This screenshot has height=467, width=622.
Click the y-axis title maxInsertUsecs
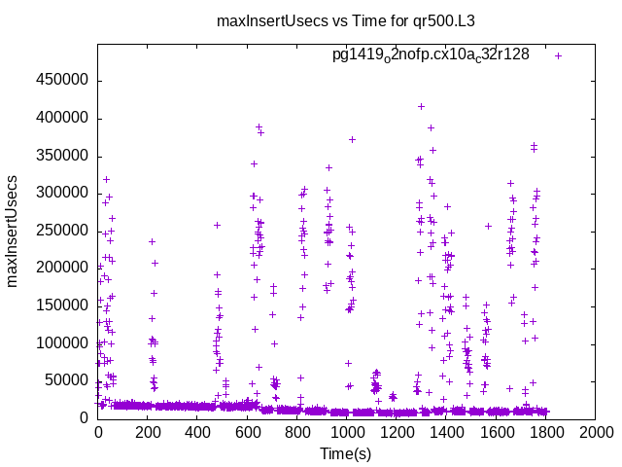coord(13,231)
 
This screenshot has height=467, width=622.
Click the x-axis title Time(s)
coord(346,453)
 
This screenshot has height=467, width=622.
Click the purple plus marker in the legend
coord(559,55)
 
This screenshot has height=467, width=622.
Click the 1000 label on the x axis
coord(346,432)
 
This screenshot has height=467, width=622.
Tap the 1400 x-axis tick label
coord(446,432)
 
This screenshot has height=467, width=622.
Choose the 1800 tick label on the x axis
coord(545,432)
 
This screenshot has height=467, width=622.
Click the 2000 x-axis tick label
coord(595,432)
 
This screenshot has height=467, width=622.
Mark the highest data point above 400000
coord(421,106)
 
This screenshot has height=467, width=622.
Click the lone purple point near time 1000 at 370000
coord(352,139)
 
